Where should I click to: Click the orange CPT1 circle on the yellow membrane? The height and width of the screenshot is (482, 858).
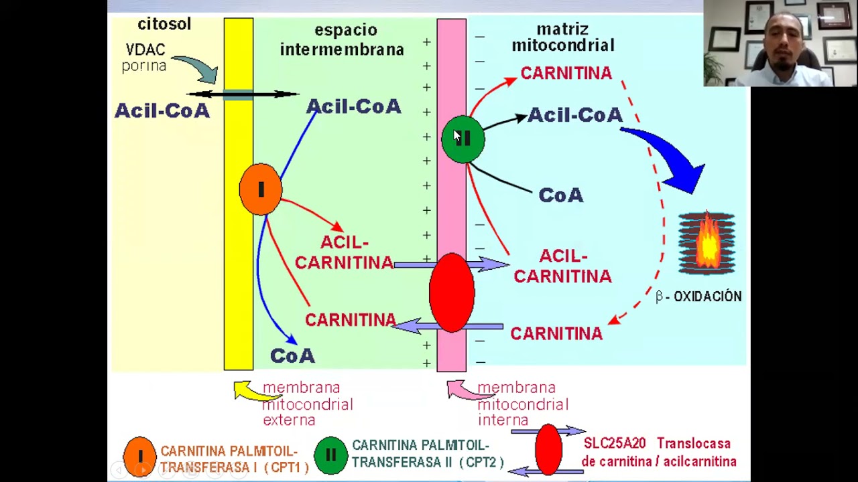(261, 189)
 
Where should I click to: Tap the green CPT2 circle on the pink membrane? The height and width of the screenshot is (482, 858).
(463, 139)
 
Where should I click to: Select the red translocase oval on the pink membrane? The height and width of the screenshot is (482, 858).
(452, 292)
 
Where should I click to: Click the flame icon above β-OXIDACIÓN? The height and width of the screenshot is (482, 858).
(707, 242)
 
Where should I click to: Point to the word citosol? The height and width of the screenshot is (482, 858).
(164, 24)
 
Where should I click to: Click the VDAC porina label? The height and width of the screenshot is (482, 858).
(145, 58)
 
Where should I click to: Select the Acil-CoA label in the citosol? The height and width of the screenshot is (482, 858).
(162, 110)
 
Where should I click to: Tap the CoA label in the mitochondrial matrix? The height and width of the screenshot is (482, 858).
(561, 195)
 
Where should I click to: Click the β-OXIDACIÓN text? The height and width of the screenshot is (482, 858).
(698, 297)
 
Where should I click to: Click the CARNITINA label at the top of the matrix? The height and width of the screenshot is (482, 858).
(566, 73)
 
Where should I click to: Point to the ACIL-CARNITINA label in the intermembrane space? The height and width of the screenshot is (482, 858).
(344, 252)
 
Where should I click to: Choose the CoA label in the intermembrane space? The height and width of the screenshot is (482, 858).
(292, 355)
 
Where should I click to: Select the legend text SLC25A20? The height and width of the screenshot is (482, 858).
(615, 443)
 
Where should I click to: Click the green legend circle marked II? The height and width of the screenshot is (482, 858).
(330, 455)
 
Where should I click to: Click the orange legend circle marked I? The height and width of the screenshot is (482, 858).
(140, 456)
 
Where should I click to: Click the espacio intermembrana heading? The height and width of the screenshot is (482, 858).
(342, 39)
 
